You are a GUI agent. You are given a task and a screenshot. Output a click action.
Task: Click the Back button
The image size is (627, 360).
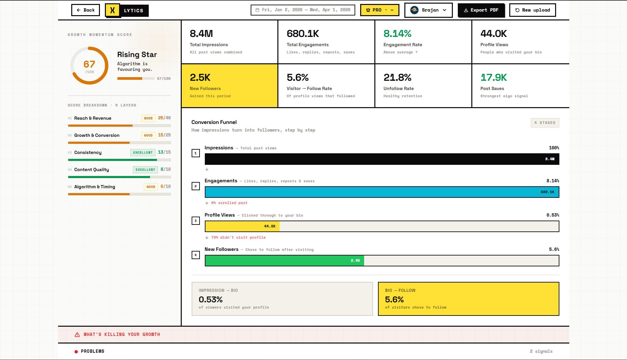(x=85, y=10)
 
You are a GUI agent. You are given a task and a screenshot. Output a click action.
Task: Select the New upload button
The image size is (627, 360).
(x=532, y=10)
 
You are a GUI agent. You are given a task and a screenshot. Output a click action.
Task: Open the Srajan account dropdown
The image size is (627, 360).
(x=428, y=10)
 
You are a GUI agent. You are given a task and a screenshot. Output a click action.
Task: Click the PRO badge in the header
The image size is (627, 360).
(x=379, y=10)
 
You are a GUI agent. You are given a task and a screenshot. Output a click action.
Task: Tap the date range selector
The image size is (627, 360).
(x=303, y=10)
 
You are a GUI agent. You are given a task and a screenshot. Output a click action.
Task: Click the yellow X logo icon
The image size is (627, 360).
(x=112, y=10)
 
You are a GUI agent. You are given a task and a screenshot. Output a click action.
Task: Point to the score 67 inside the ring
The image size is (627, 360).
(x=89, y=64)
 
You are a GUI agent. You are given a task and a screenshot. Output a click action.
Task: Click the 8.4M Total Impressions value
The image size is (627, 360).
(x=201, y=34)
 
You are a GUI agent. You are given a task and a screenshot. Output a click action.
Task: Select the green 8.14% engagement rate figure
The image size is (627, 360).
(x=397, y=34)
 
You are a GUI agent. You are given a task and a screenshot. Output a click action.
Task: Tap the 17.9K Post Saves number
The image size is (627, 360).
(x=493, y=77)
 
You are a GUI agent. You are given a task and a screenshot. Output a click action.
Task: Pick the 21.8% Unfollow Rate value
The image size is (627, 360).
(x=397, y=77)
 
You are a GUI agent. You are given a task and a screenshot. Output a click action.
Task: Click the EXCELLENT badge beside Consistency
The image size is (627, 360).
(x=143, y=153)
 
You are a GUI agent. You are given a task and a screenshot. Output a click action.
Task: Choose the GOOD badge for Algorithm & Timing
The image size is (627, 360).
(x=151, y=187)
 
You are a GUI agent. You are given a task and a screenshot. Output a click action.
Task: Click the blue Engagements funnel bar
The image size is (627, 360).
(x=382, y=192)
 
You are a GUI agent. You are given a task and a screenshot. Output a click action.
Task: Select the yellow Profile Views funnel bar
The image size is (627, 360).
(x=242, y=226)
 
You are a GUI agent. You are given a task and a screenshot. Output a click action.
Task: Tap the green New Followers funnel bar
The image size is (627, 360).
(x=284, y=261)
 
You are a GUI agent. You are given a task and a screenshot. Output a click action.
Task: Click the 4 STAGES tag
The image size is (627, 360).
(x=545, y=123)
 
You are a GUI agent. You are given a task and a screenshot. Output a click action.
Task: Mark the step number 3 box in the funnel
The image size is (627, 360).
(x=196, y=221)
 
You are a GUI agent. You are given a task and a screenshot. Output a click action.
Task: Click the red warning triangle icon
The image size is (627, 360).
(x=77, y=335)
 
